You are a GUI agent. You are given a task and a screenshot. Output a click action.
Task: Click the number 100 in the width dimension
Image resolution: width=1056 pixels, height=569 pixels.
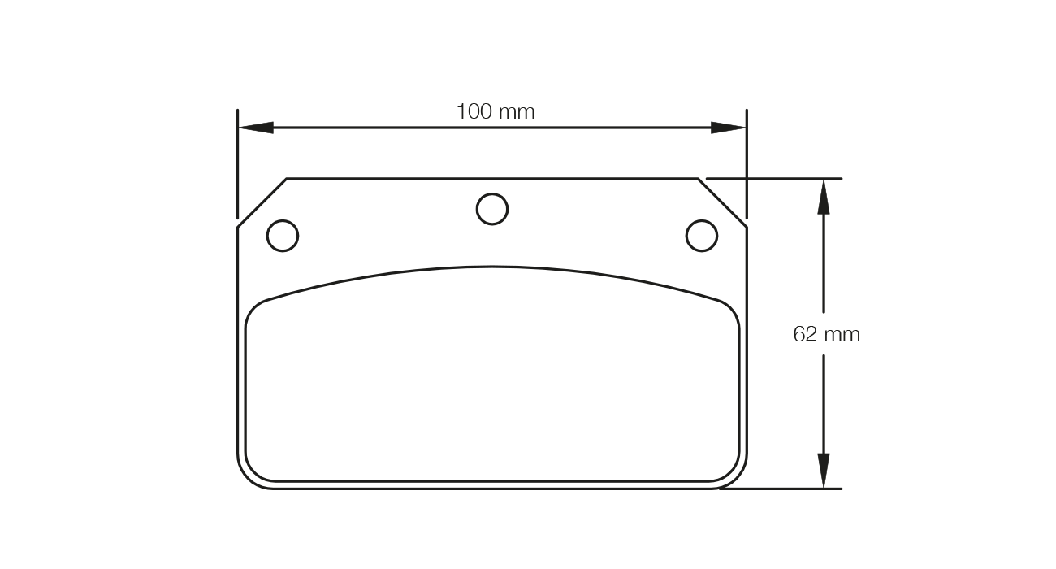(x=474, y=111)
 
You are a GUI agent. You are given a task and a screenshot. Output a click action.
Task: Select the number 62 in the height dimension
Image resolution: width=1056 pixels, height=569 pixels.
(x=805, y=334)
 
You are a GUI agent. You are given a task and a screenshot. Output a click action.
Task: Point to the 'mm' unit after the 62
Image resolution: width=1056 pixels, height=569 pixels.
(x=842, y=335)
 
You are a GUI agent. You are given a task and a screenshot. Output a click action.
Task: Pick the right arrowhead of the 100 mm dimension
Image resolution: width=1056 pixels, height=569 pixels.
(x=728, y=128)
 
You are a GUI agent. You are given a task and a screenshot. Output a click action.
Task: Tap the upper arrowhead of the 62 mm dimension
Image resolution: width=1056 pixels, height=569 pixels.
(x=824, y=197)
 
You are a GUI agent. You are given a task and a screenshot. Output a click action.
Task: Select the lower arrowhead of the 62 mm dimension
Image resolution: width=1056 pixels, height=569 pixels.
(x=824, y=471)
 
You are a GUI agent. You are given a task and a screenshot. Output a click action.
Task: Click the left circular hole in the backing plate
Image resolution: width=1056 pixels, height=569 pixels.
(x=283, y=236)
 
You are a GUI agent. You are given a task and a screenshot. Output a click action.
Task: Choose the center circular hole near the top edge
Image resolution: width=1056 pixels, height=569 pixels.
(x=492, y=209)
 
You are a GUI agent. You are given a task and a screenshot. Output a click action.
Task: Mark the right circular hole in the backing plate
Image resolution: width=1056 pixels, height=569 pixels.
(x=702, y=236)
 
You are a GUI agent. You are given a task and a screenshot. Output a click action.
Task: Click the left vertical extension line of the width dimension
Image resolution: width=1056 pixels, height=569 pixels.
(x=237, y=163)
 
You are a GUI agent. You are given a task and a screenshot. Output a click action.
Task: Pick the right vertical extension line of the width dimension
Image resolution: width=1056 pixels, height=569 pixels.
(x=747, y=163)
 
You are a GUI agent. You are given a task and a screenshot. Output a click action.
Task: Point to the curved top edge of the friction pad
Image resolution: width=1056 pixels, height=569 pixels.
(x=492, y=267)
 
